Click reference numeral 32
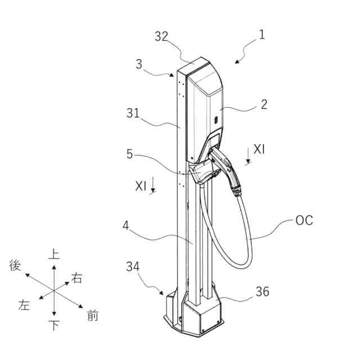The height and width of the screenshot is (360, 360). (x=161, y=37)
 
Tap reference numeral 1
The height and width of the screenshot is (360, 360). (x=262, y=34)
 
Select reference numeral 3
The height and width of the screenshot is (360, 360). (x=139, y=64)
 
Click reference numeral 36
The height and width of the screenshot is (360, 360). (x=262, y=291)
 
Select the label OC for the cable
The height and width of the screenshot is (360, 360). (x=304, y=220)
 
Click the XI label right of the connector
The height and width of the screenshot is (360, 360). (x=259, y=149)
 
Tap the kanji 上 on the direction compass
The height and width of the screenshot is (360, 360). (x=54, y=254)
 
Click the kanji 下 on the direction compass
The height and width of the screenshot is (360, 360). (x=54, y=325)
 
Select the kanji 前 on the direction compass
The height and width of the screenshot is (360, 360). (x=93, y=316)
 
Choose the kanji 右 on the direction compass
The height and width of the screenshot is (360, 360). (x=76, y=278)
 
